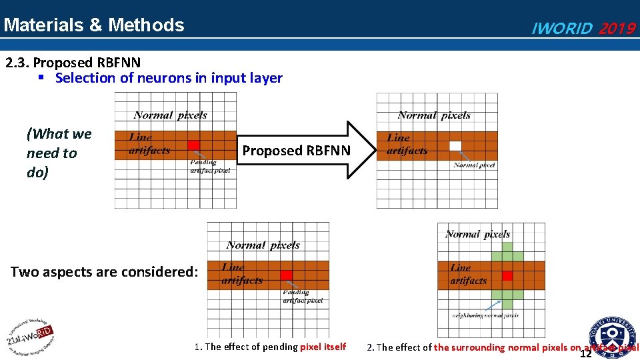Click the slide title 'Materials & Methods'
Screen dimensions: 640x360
point(93,25)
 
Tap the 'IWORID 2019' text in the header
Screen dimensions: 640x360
point(583,29)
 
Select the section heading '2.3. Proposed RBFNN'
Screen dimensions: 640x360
point(73,63)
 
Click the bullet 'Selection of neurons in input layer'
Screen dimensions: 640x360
point(169,78)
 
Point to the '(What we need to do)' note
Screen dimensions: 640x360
point(59,153)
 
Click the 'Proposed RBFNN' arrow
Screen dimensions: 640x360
point(296,151)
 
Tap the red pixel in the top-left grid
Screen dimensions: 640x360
point(193,145)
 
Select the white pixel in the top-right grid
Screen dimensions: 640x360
point(455,145)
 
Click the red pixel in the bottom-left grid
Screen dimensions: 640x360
point(286,275)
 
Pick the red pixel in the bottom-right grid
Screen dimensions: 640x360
point(507,275)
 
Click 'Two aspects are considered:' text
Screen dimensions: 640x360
point(105,272)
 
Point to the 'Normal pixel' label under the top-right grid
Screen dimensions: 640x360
point(474,165)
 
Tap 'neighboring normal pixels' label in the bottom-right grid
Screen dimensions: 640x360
point(485,315)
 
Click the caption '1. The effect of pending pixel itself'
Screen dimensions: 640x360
point(270,347)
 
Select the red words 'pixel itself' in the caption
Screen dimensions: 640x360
point(323,347)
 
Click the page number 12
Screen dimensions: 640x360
point(586,354)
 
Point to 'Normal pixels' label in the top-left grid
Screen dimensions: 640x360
point(170,115)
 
